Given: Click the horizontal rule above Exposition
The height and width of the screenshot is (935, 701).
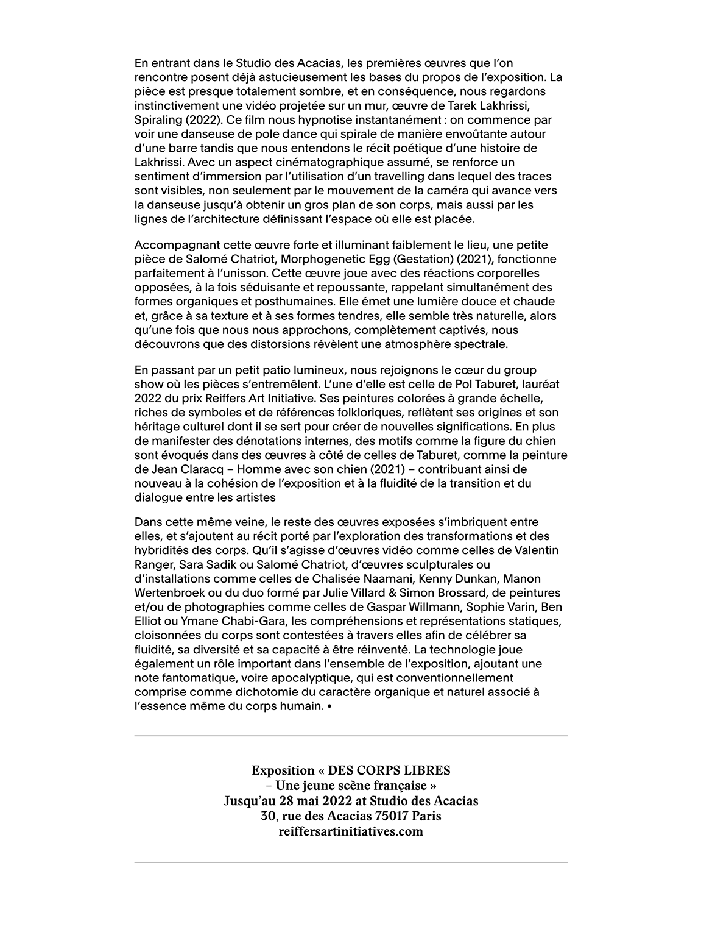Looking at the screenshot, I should click(350, 736).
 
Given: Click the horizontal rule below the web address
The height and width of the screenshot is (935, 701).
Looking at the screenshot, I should click(350, 862).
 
